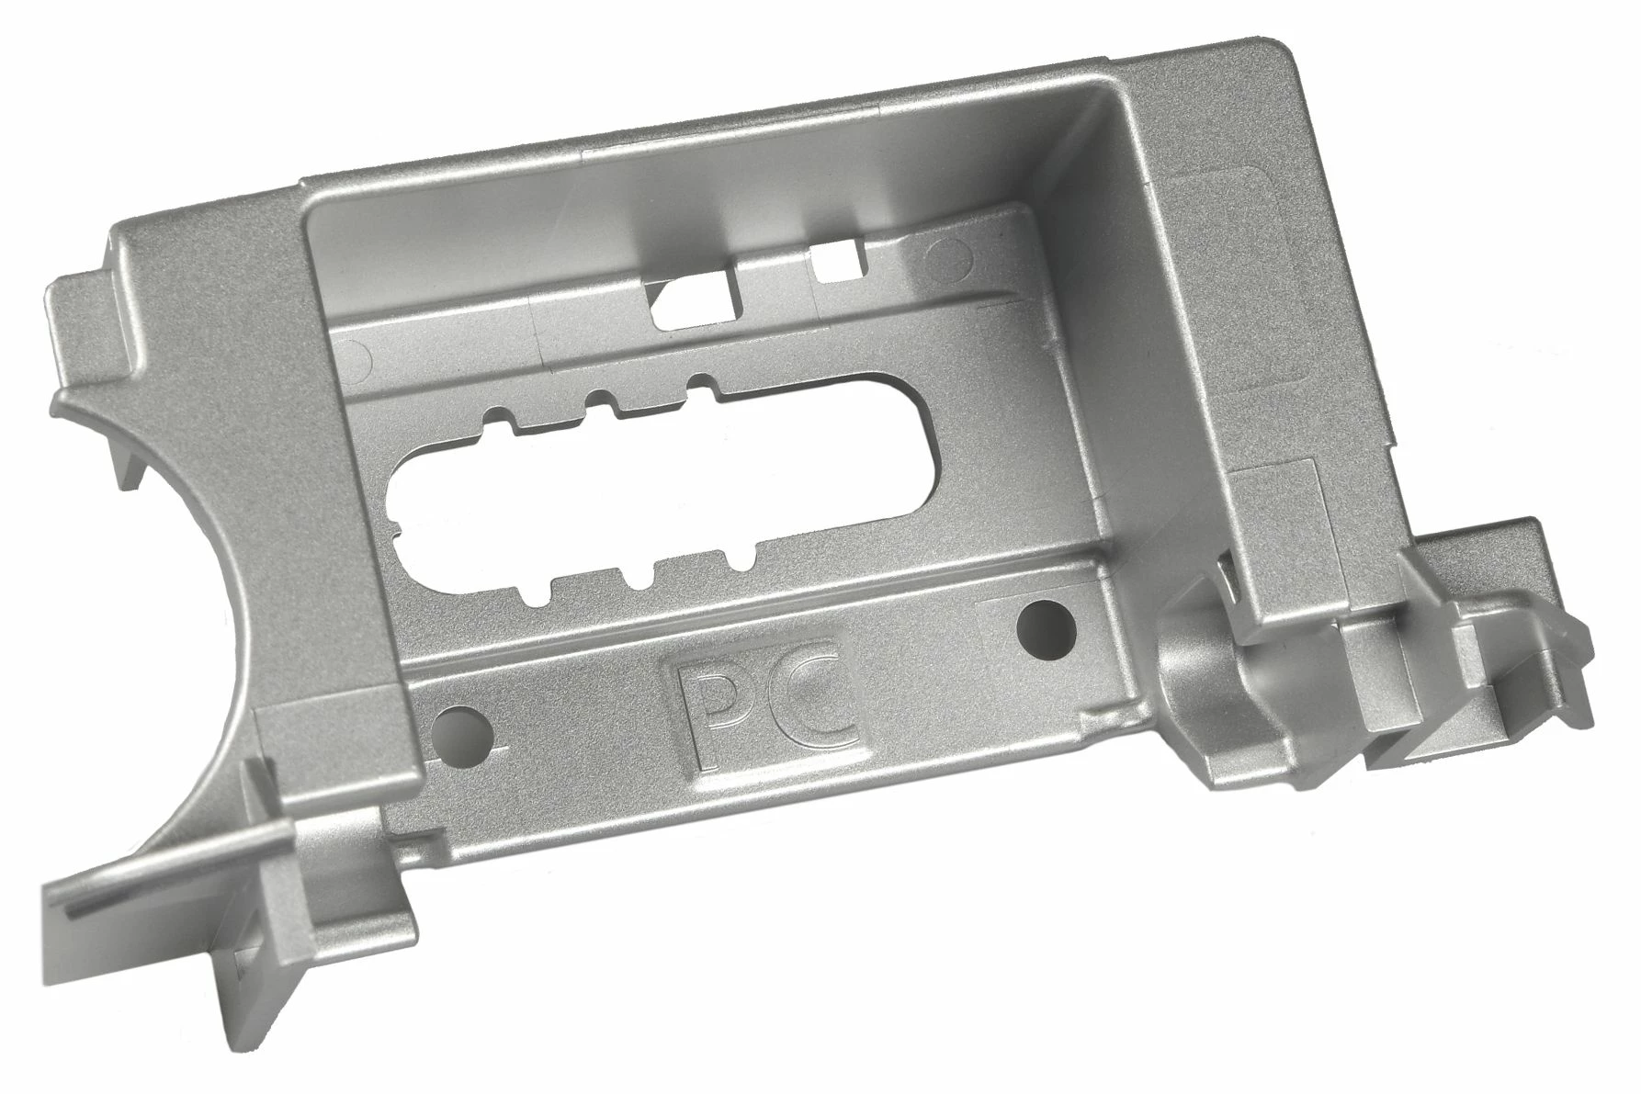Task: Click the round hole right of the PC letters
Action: coord(1047,624)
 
